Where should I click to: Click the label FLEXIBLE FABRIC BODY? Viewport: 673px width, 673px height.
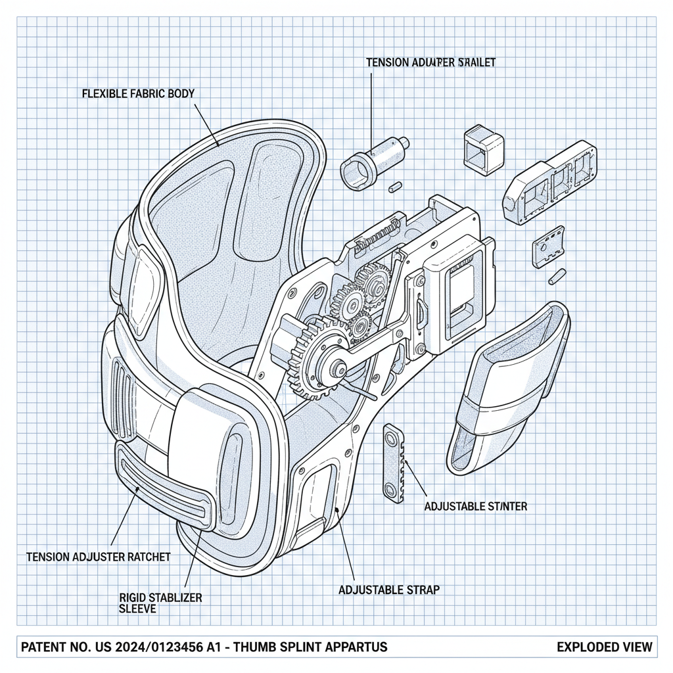click(138, 93)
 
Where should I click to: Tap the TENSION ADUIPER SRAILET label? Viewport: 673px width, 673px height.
click(430, 62)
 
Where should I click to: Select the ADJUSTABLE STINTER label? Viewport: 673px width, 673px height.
click(475, 506)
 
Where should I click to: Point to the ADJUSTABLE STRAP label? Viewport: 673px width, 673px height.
click(388, 590)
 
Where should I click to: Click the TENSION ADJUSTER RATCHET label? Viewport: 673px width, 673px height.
click(98, 557)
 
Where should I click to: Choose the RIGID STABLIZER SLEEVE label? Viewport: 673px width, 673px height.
click(160, 603)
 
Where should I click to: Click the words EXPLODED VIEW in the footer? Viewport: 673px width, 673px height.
click(604, 647)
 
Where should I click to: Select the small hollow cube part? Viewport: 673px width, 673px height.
click(484, 151)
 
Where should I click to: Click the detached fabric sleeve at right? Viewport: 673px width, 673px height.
click(509, 388)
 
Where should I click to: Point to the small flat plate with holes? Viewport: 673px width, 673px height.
click(548, 248)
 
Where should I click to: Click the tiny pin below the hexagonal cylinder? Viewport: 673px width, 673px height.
click(395, 187)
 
